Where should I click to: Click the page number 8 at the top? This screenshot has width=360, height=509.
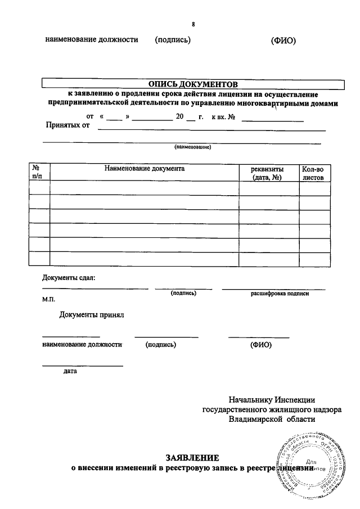[x=193, y=24]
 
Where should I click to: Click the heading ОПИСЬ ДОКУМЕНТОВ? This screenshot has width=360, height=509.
[x=193, y=84]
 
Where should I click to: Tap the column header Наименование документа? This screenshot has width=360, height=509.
[x=145, y=168]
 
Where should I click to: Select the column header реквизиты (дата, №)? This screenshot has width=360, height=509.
[x=267, y=172]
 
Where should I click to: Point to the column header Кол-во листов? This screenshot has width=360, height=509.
[x=313, y=172]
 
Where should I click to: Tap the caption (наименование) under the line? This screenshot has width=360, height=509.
[x=192, y=147]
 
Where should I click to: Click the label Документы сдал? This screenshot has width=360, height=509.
[x=69, y=277]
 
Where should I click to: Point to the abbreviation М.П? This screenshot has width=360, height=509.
[x=48, y=299]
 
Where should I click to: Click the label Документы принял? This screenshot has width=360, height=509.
[x=91, y=314]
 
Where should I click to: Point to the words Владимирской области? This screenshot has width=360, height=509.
[x=272, y=419]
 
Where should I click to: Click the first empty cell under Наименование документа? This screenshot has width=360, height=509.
[x=145, y=188]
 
